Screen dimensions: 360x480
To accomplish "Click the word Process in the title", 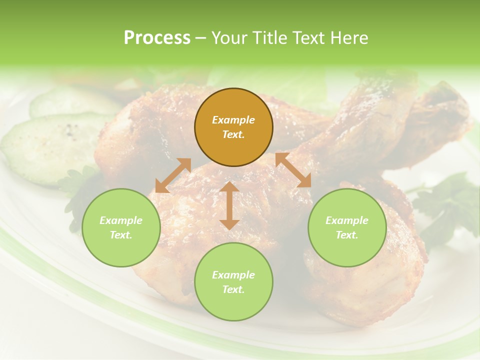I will [x=157, y=38].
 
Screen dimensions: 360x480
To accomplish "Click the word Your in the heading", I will [x=229, y=38].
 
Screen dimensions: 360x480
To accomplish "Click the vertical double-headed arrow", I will [x=229, y=205].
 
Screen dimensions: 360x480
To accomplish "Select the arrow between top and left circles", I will [x=173, y=175].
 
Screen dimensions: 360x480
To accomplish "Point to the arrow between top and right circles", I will [x=293, y=170].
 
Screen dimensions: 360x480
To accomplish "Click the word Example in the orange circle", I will [x=233, y=120].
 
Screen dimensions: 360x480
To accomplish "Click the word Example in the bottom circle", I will [x=233, y=275].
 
